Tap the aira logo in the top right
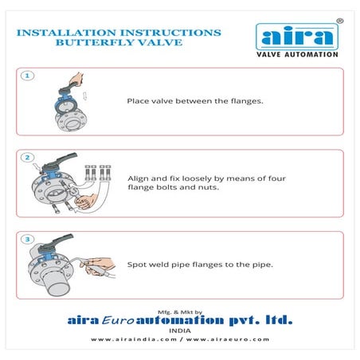click(x=296, y=37)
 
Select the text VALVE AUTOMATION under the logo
click(x=296, y=54)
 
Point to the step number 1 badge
click(x=27, y=76)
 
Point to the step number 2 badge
click(x=27, y=158)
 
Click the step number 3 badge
click(x=27, y=239)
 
